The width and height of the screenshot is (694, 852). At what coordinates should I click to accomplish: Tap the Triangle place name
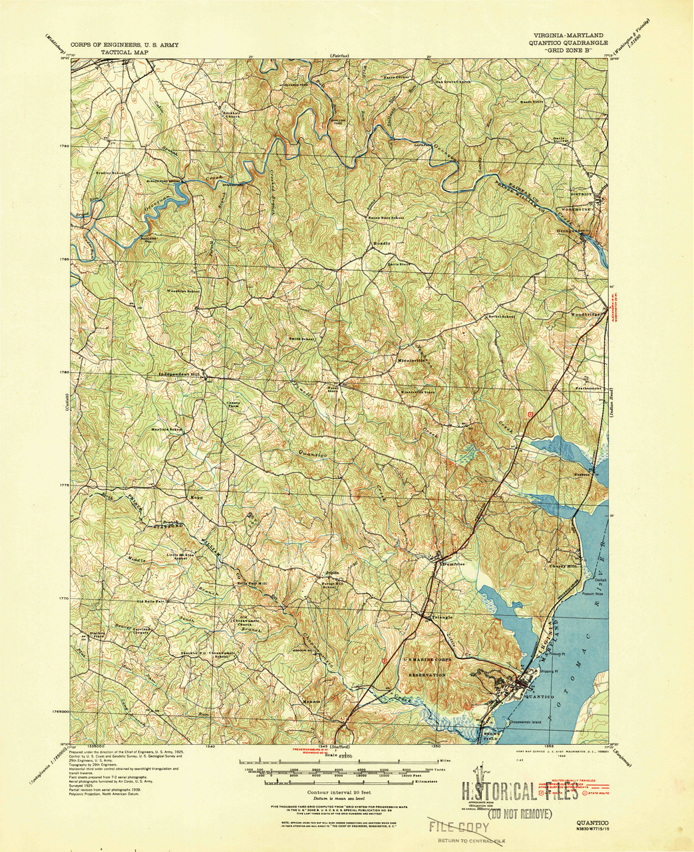tap(442, 618)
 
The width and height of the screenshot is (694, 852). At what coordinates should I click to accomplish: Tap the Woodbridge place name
tap(586, 314)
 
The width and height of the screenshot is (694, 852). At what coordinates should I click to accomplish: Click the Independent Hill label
tap(180, 375)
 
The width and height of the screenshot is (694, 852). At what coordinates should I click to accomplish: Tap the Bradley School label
tap(110, 173)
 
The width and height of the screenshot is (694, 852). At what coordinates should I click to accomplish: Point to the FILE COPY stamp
tap(459, 827)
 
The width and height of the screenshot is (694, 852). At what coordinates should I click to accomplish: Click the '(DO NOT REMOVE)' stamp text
tap(520, 813)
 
